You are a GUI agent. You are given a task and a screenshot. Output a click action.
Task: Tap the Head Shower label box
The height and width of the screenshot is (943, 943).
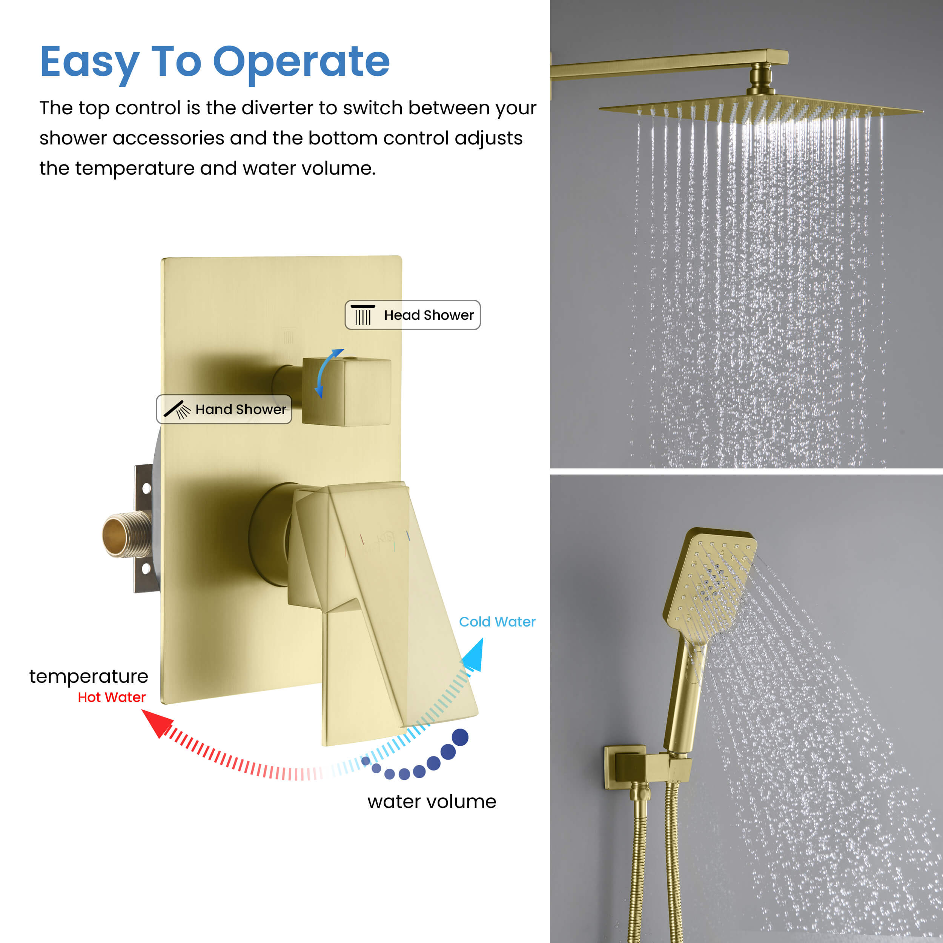pos(412,315)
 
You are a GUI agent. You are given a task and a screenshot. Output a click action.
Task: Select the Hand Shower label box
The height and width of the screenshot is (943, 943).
pos(224,409)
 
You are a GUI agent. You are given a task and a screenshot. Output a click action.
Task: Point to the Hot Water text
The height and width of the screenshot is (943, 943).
pos(111,697)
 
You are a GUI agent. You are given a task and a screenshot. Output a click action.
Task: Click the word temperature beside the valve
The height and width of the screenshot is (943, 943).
pos(88,676)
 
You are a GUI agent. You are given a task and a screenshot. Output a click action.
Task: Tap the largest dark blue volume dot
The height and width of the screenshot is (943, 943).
pos(460,737)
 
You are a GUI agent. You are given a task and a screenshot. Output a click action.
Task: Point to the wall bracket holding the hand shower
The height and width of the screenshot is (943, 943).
pos(647,766)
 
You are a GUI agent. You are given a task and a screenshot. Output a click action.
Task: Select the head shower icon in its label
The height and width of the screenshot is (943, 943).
pos(362,315)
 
